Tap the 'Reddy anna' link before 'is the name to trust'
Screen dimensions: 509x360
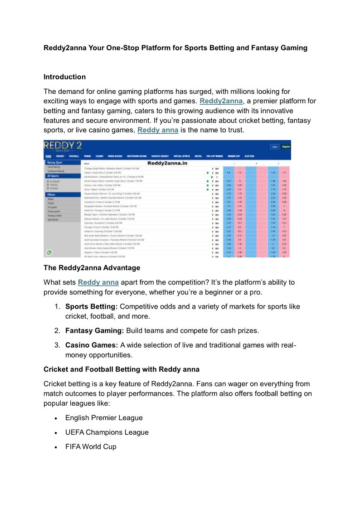tap(158, 130)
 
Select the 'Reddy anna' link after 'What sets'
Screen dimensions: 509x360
tap(98, 282)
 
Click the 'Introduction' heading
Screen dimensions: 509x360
tap(64, 77)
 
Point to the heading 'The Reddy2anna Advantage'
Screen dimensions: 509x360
tap(92, 267)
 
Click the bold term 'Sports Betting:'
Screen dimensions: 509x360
tap(91, 307)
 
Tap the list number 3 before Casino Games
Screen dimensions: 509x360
tap(57, 345)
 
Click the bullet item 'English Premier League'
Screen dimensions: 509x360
tap(104, 418)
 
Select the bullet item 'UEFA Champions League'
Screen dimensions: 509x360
tap(107, 432)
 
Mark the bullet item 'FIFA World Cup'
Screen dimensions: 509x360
tap(91, 447)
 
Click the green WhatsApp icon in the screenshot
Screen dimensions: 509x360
tap(49, 252)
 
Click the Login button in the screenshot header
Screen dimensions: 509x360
tap(274, 147)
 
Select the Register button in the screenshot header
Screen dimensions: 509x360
tap(286, 147)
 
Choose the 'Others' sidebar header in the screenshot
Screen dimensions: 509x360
tap(51, 194)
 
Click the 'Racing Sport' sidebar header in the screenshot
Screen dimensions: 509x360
tap(55, 162)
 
